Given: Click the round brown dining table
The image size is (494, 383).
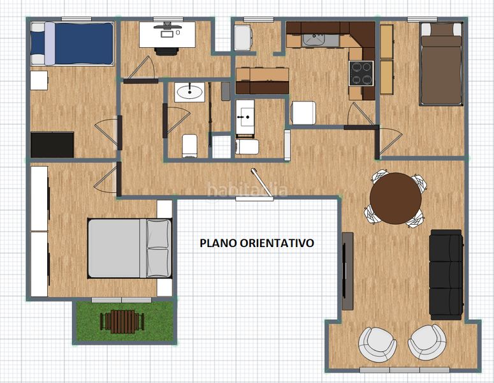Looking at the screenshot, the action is pos(396,199).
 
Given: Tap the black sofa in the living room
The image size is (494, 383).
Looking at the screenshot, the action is pos(446,274).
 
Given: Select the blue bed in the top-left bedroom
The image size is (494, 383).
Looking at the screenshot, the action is pos(73,43).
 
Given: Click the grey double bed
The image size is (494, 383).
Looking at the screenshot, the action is pos(130,248).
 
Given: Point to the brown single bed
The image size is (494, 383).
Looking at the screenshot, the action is pos(441,64).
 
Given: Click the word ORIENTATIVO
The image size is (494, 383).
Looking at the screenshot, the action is pos(277,243).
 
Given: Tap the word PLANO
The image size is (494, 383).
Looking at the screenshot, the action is pos(219,243).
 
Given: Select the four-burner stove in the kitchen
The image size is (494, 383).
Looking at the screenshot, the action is pos(361,73).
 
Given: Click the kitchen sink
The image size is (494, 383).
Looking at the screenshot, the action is pos(321,40).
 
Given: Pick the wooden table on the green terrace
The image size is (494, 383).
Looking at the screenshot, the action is pos(122,322).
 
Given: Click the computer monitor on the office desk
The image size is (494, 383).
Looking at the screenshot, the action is pos(167,27).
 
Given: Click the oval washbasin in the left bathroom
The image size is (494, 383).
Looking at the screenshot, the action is pos(190,93).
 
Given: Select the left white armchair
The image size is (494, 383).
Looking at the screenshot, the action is pos(377,345).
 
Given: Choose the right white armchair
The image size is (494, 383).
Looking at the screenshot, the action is pos(427,342).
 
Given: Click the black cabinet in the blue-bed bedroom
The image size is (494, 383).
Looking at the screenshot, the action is pos(52,145).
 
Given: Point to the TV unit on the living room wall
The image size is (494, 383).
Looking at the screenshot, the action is pos(347,271).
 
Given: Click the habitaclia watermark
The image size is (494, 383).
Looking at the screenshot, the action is pos(247,190).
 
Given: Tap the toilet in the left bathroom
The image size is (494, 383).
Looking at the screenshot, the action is pos(190,146).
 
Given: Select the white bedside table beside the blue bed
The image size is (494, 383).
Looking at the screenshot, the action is pos(39,80).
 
